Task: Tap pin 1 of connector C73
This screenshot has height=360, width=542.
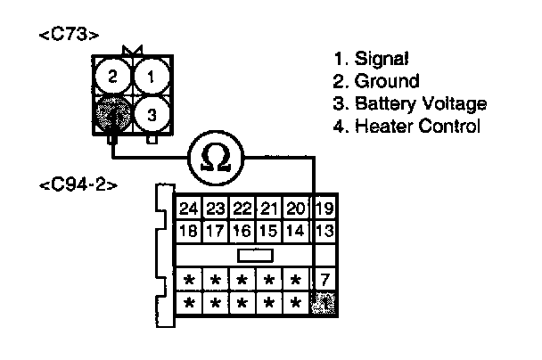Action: [152, 77]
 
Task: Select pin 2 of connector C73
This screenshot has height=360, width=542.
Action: [112, 77]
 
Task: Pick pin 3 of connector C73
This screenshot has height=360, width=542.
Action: [152, 114]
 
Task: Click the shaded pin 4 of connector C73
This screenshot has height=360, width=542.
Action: [112, 114]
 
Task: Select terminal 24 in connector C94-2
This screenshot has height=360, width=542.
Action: [188, 210]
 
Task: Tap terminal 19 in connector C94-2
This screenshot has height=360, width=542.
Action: [324, 210]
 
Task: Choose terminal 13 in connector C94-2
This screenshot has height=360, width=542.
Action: [324, 232]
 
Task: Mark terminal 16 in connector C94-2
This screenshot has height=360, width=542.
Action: [242, 232]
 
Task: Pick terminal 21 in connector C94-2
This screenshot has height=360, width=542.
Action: [268, 210]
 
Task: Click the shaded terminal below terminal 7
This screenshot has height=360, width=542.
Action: [324, 303]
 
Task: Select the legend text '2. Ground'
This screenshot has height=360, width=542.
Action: [375, 81]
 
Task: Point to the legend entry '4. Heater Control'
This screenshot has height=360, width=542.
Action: [406, 126]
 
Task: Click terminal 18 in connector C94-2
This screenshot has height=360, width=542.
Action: [188, 232]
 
